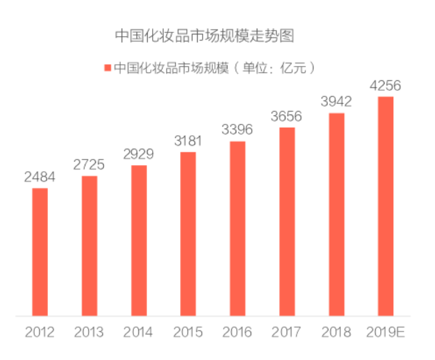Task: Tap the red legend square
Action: [108, 67]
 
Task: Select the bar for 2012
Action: [40, 252]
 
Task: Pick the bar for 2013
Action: [89, 245]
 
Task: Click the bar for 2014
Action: [138, 240]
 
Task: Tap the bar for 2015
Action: [188, 234]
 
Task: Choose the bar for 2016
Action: [237, 229]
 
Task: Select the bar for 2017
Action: [287, 222]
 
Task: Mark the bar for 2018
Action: [337, 214]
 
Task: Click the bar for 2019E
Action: [386, 206]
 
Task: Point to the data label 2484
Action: [40, 177]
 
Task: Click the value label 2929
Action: [138, 154]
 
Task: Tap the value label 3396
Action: [237, 130]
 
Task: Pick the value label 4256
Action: [385, 85]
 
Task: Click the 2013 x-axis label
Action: [89, 332]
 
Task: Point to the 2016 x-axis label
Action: [237, 332]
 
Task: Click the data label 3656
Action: [287, 116]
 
